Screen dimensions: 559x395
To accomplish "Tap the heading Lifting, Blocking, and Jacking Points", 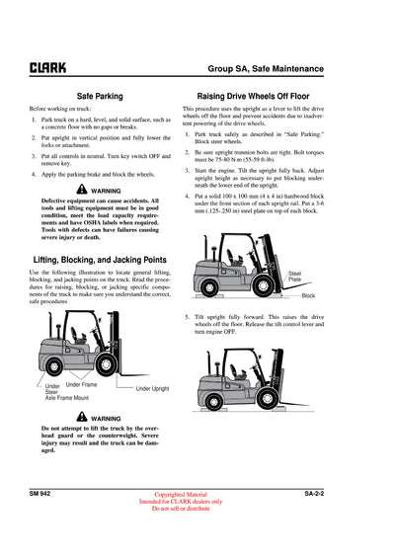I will pos(99,258).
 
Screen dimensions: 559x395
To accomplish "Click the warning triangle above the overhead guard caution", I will pos(81,418).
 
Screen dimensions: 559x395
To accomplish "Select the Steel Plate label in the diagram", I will pos(294,276).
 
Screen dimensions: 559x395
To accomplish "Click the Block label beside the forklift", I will pos(308,295).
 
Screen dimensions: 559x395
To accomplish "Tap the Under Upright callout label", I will pos(152,389).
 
